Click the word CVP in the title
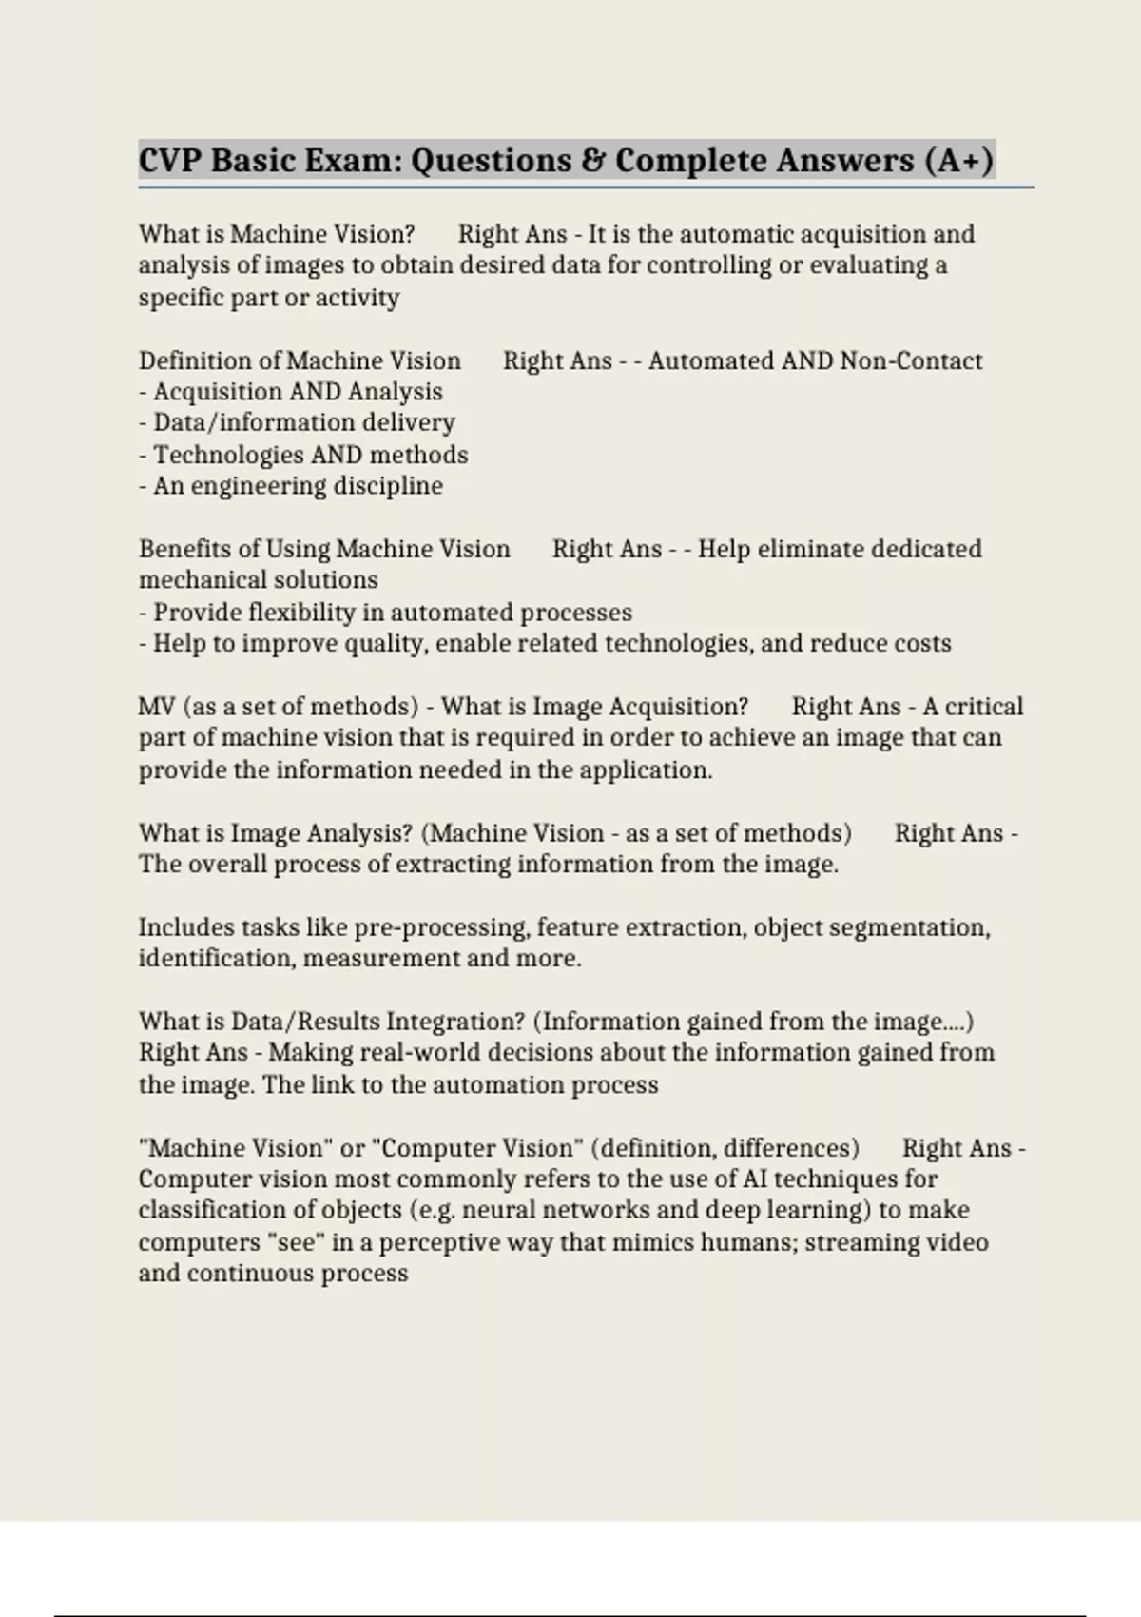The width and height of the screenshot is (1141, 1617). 169,160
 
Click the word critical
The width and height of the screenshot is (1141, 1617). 984,707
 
